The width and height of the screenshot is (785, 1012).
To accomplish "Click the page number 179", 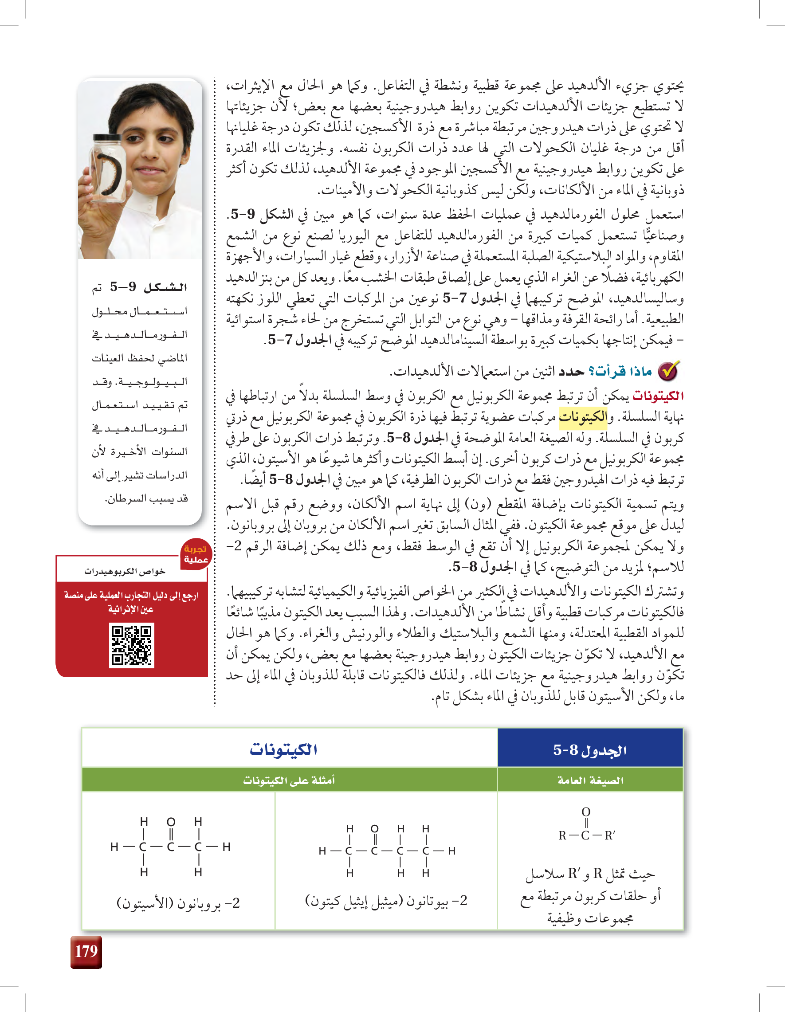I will point(86,951).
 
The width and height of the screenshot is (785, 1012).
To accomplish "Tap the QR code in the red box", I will point(132,645).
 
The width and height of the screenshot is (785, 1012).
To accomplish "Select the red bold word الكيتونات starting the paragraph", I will point(658,396).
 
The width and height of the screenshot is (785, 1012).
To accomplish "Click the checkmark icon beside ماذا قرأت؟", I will point(669,371).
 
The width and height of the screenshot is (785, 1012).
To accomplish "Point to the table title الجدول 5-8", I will point(590,750).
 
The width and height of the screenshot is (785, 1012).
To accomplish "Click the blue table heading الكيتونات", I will point(283,749).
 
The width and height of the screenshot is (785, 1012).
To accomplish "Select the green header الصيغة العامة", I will point(590,781).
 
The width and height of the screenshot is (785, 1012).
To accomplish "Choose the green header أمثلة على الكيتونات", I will point(289,781).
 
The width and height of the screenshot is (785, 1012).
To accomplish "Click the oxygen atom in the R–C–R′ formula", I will point(586,812).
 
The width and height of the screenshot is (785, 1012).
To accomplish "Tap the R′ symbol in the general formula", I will point(610,835).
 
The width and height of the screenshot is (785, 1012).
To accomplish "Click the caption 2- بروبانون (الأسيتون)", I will point(178,902).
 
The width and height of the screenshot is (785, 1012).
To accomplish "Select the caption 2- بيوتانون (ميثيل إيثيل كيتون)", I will point(386,900).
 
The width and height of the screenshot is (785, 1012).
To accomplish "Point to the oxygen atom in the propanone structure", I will point(171,822).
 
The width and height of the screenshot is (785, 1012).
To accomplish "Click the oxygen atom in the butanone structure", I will point(374,828).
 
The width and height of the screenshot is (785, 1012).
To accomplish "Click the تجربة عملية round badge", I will point(196,554).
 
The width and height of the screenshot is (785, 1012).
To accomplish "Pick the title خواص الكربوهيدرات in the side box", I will point(125,571).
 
